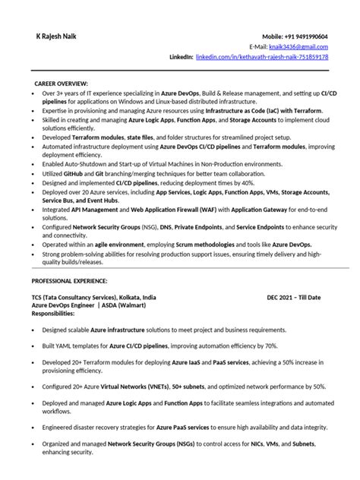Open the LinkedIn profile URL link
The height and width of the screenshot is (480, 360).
[262, 57]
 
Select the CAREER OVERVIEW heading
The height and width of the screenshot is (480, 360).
[62, 82]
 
